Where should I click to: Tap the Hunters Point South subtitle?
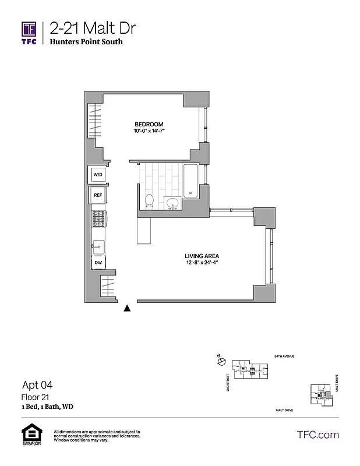click(x=86, y=42)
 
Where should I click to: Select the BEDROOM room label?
click(x=149, y=124)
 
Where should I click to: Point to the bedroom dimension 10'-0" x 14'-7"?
click(x=149, y=132)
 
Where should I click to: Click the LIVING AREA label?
click(x=202, y=256)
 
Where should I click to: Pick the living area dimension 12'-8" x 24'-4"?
click(x=202, y=263)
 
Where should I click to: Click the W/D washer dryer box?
click(x=97, y=175)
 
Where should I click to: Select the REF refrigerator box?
click(x=97, y=196)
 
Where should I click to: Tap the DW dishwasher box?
click(x=97, y=263)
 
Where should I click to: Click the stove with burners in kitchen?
click(x=97, y=219)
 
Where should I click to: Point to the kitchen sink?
click(x=97, y=247)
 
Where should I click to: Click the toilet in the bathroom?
click(x=149, y=200)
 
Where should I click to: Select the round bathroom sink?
click(x=172, y=203)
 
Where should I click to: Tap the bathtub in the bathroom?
click(x=190, y=181)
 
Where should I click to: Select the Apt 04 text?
click(x=37, y=384)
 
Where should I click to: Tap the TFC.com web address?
click(x=317, y=435)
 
